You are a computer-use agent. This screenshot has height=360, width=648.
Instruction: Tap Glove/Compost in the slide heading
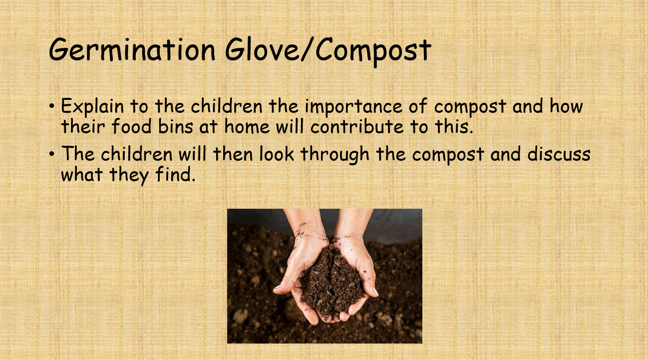pos(327,50)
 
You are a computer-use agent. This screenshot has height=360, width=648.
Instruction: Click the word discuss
pos(560,154)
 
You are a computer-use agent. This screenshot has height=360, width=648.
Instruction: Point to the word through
pos(335,154)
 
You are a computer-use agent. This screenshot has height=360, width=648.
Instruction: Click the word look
pos(277,154)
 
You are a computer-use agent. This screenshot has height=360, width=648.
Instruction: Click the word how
pos(566,107)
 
